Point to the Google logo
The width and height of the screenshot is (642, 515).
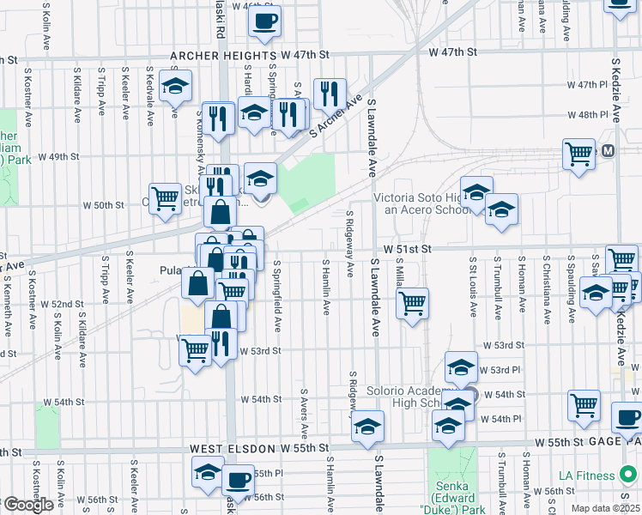coord(27,505)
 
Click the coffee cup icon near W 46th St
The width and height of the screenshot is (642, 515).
coord(264,20)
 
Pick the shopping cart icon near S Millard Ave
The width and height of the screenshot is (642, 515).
coord(413,302)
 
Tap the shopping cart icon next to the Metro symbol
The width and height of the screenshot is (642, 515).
coord(579,154)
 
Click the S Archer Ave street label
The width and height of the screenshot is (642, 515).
coord(336,116)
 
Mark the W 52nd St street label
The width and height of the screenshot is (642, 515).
coord(67,304)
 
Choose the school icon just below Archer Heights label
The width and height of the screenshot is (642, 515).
coord(175,86)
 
